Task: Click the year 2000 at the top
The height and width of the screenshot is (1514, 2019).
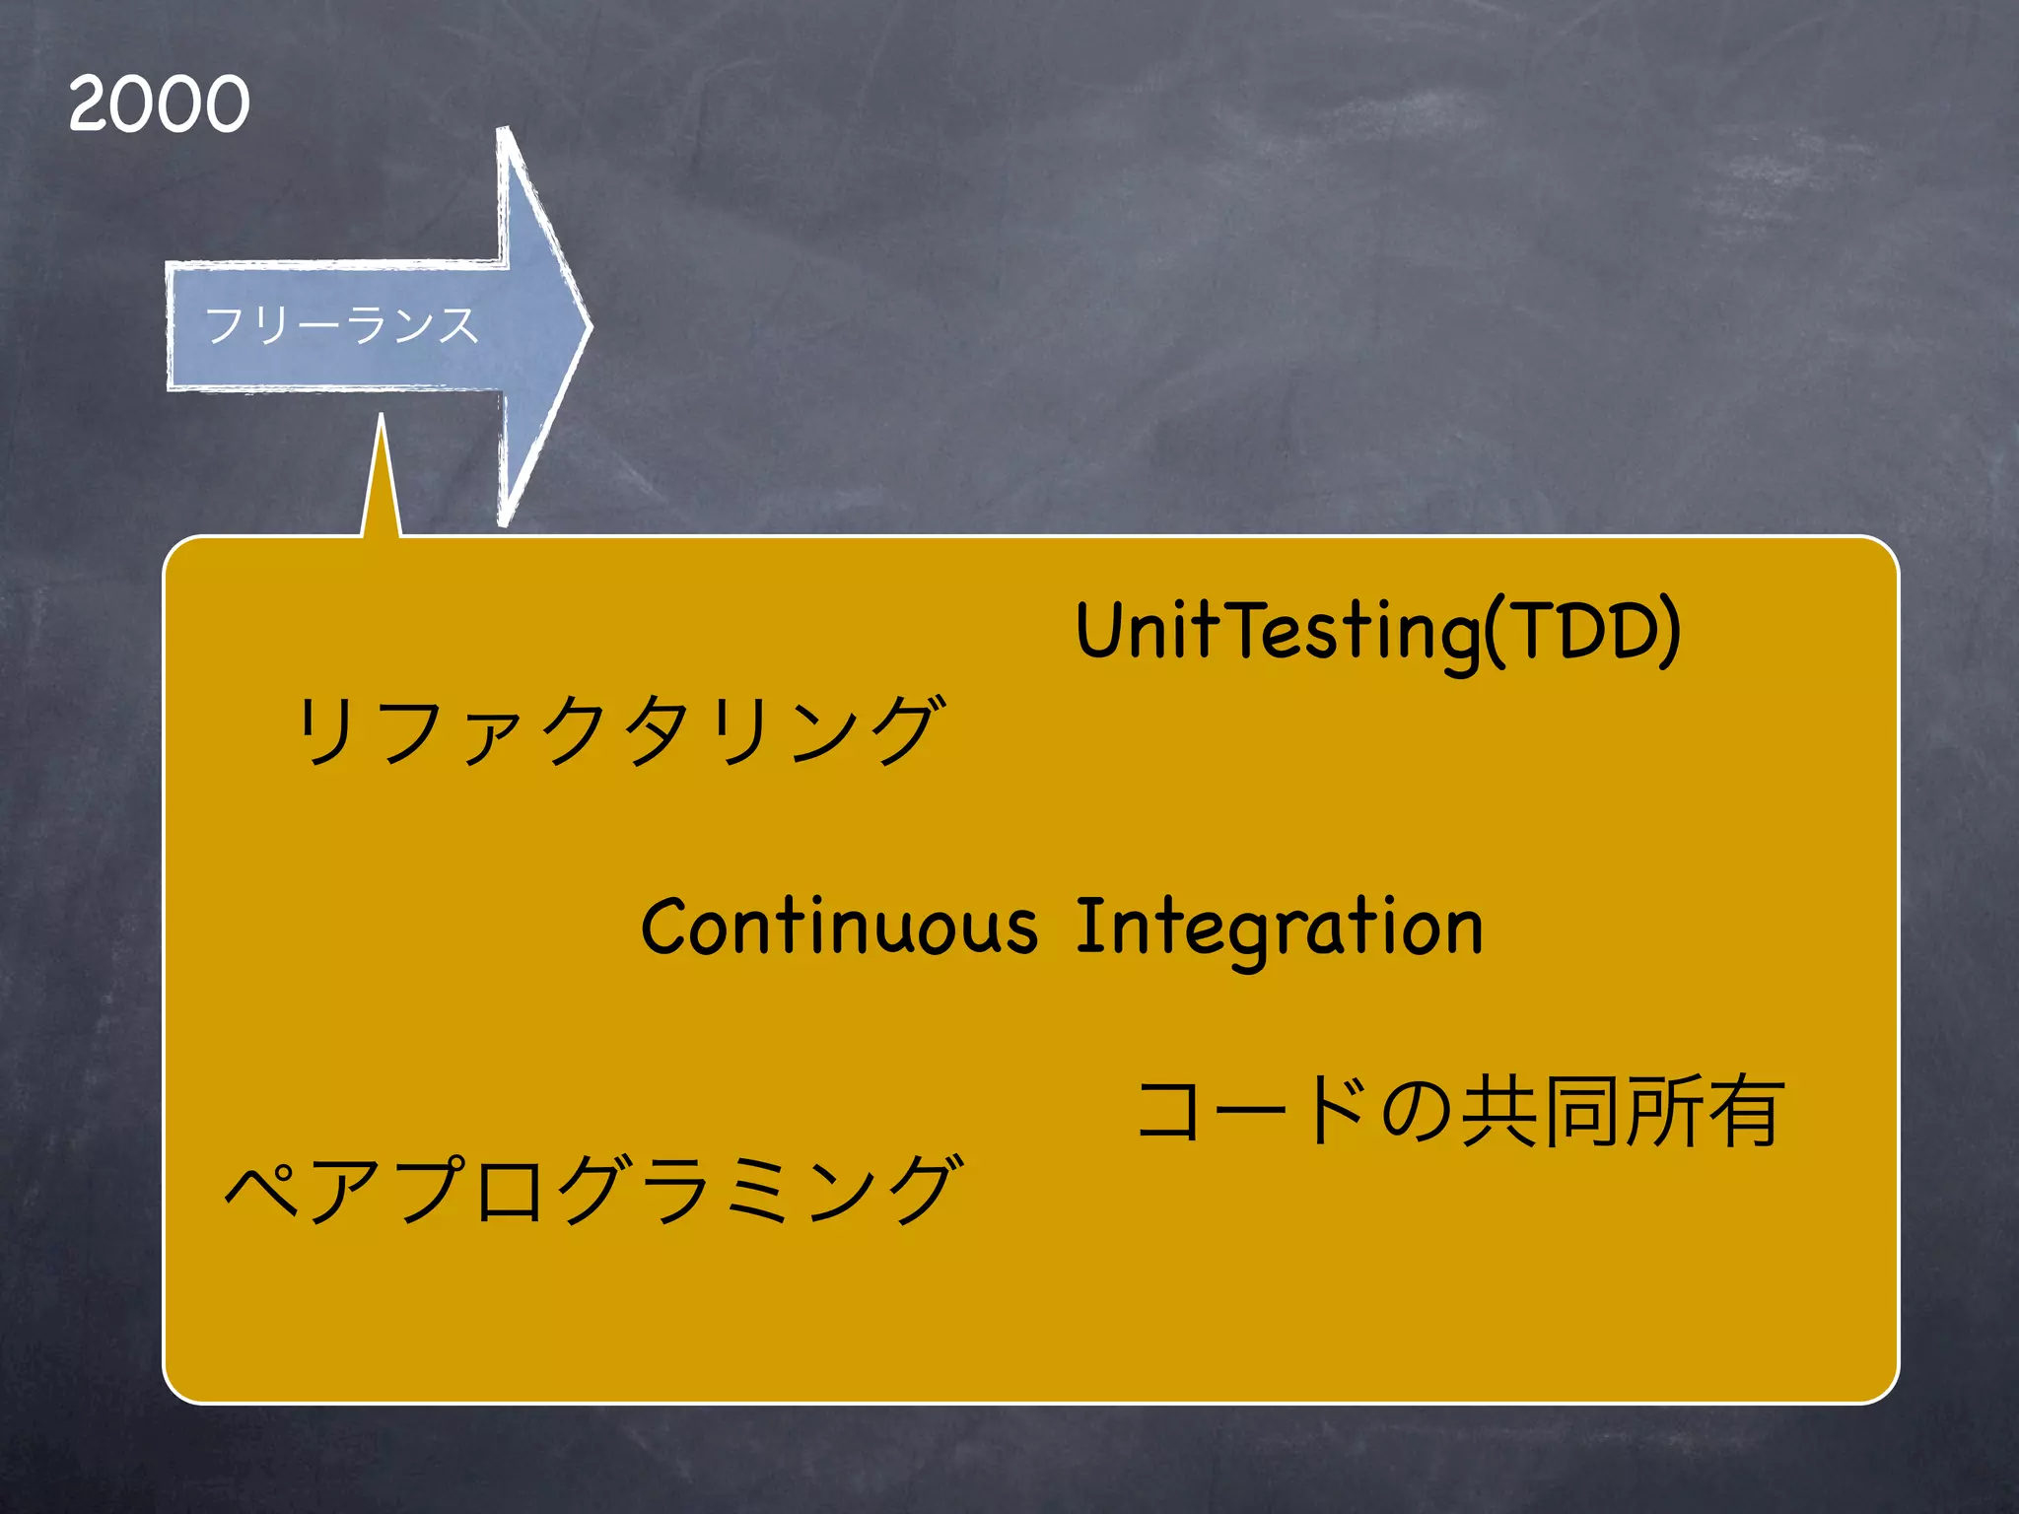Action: click(159, 103)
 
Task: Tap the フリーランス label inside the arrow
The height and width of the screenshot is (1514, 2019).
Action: click(341, 325)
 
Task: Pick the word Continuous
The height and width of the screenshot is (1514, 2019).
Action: click(839, 928)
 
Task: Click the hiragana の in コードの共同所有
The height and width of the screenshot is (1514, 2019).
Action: click(1416, 1112)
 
